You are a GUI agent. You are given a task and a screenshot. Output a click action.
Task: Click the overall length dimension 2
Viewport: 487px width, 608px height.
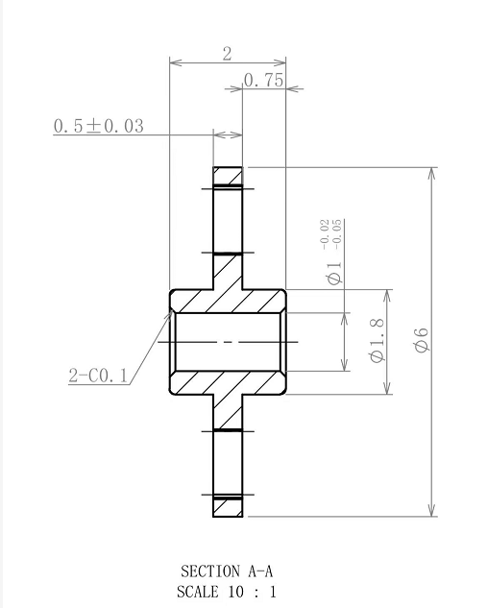[x=228, y=54]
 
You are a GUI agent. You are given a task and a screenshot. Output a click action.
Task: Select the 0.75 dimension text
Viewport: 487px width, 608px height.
[x=263, y=81]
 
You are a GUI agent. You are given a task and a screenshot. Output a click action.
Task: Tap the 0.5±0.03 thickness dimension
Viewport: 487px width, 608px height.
[x=98, y=126]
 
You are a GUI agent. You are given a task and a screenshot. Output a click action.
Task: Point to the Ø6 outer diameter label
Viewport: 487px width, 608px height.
[x=421, y=340]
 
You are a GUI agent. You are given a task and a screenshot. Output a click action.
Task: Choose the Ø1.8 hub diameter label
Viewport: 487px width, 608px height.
[x=377, y=341]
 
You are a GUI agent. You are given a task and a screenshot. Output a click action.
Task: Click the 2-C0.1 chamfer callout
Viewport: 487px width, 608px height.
[x=98, y=376]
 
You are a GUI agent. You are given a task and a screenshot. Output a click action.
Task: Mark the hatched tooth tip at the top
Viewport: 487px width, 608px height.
[x=228, y=176]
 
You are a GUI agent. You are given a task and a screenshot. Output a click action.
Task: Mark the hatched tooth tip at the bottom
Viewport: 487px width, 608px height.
[x=228, y=506]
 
